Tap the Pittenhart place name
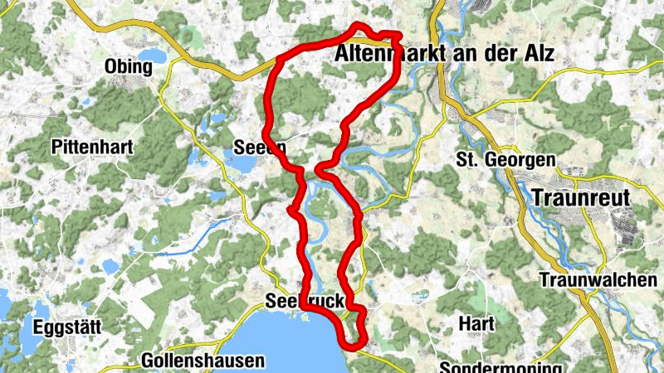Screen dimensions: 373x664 [x=90, y=147]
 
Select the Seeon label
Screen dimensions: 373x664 [x=259, y=148]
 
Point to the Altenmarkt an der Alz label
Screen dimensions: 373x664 [x=444, y=54]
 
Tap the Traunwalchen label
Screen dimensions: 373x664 [x=598, y=280]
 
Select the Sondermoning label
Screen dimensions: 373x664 [x=501, y=366]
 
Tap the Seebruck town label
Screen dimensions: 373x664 [x=305, y=301]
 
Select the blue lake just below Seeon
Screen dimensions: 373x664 [x=241, y=164]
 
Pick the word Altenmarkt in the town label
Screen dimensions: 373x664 [x=387, y=54]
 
